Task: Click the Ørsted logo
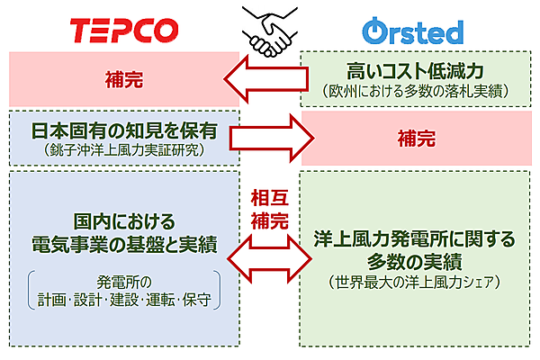click(x=413, y=31)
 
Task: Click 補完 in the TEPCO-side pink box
click(x=123, y=78)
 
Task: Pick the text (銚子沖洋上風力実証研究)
click(x=123, y=149)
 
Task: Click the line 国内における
click(x=123, y=220)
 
